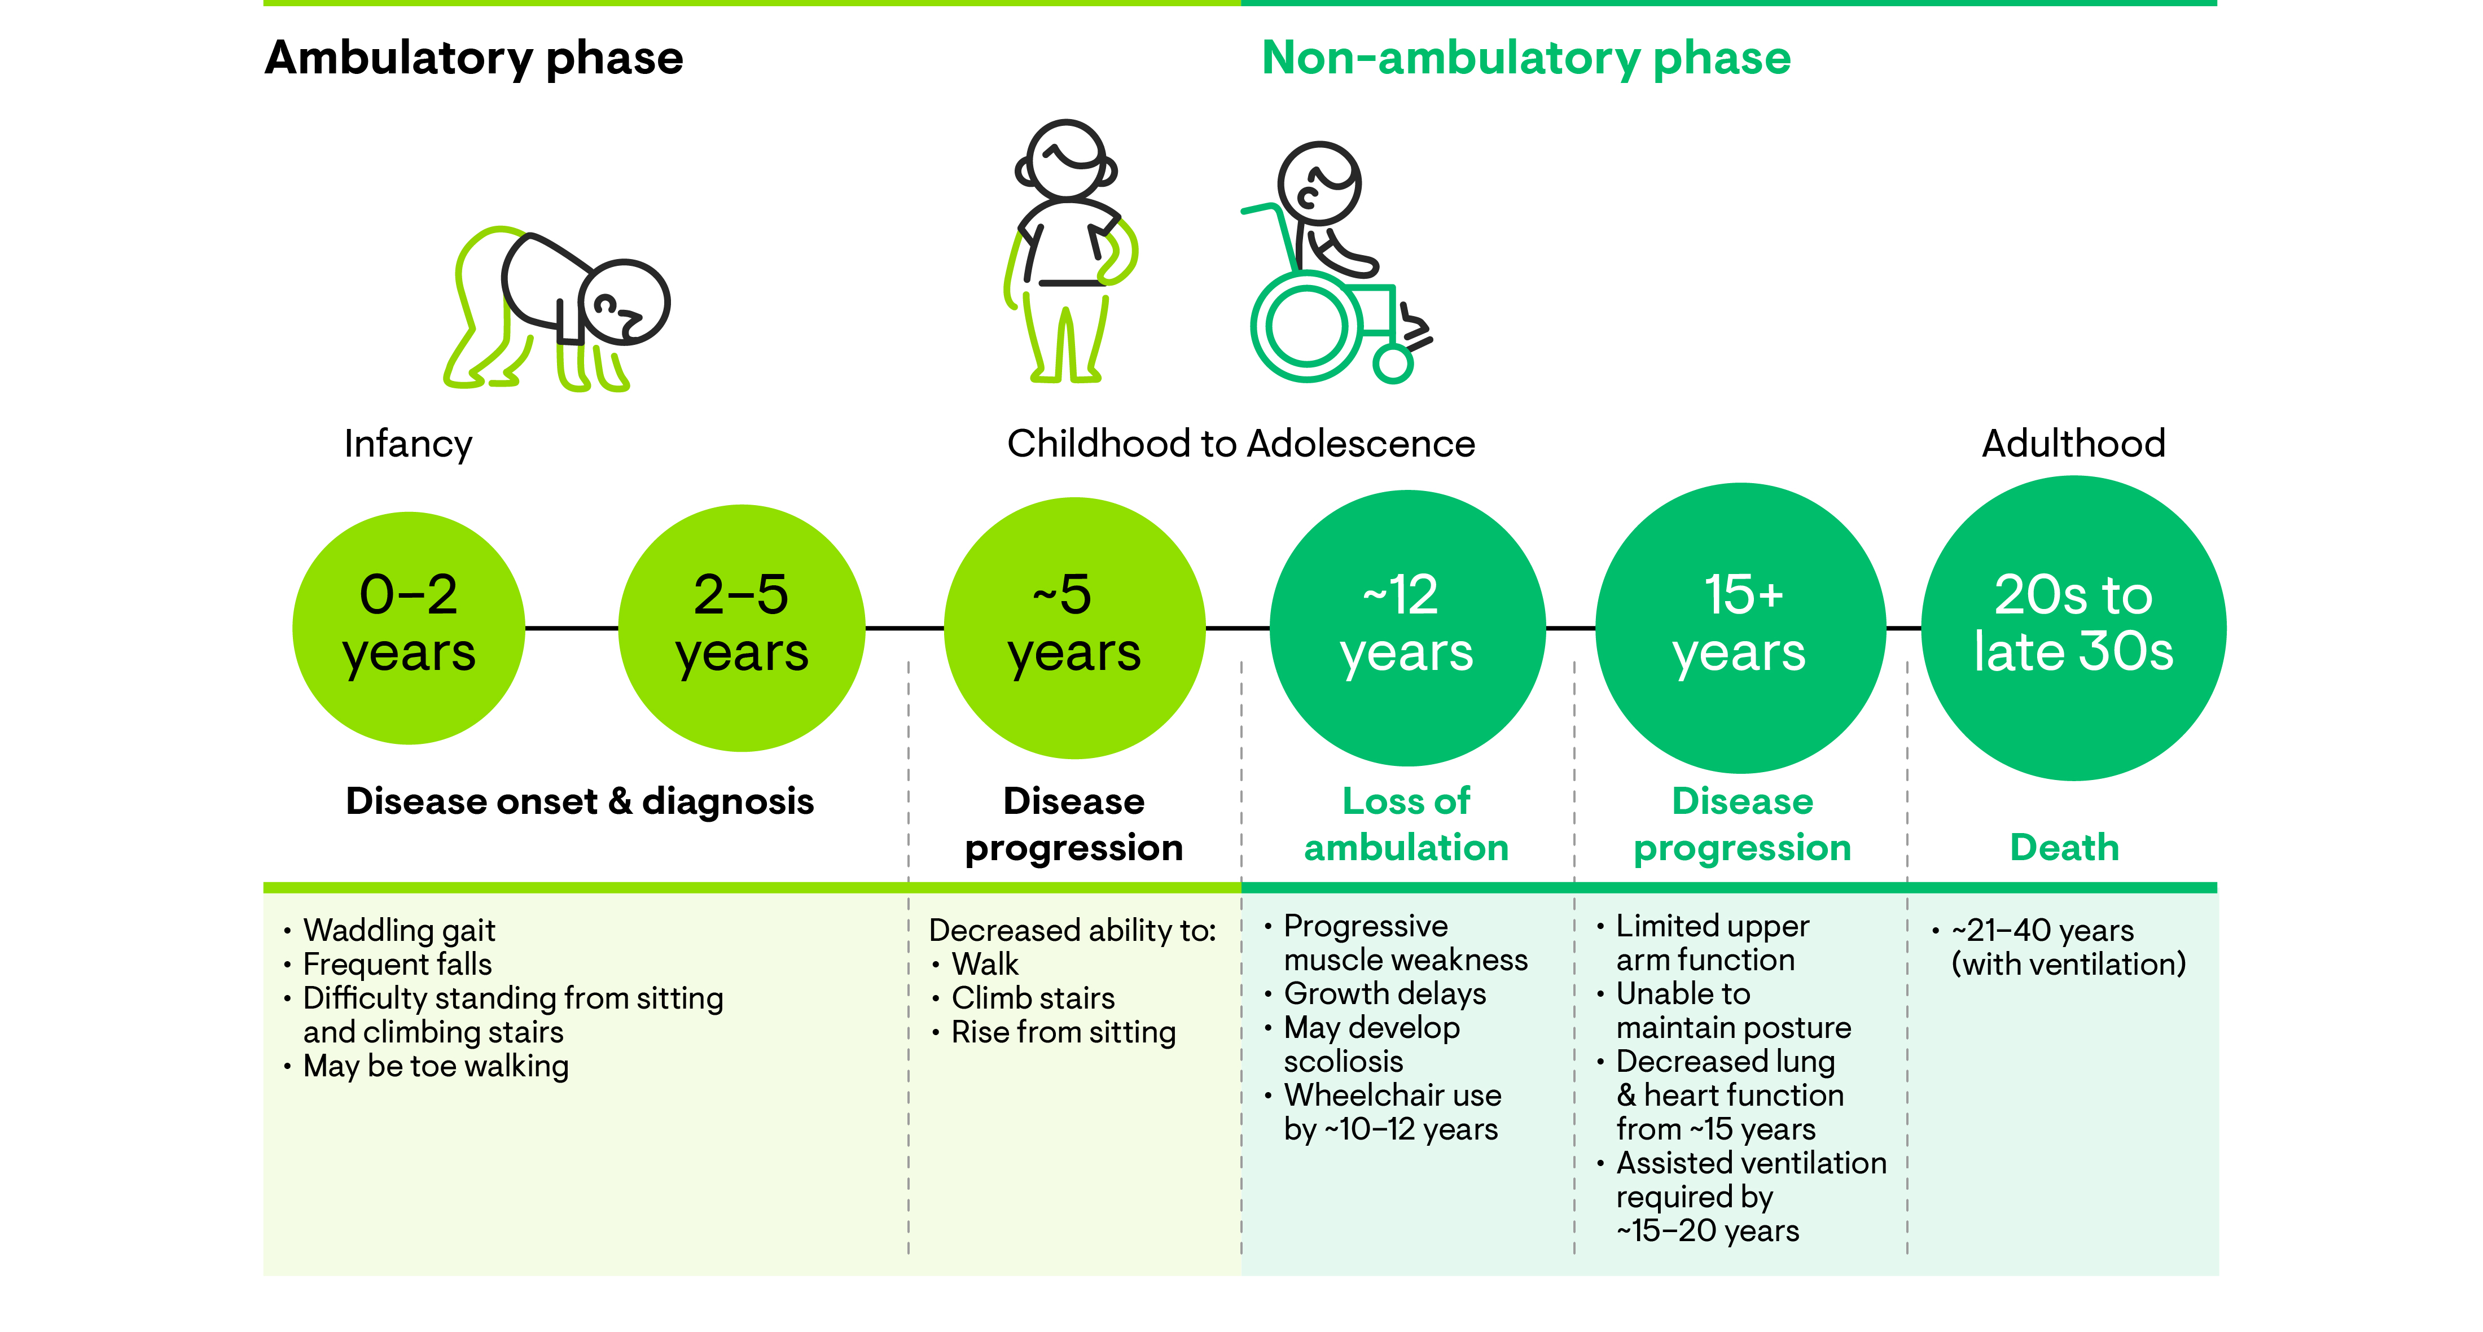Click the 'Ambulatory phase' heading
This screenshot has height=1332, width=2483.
pos(473,58)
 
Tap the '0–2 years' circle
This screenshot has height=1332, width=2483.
pos(409,628)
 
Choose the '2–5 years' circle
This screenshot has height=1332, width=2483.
pos(742,628)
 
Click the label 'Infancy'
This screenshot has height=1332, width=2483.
pos(408,444)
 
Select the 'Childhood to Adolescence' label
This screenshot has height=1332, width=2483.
pos(1240,444)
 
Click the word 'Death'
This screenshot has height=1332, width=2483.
pos(2064,847)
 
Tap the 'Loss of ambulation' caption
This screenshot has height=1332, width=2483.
pos(1406,824)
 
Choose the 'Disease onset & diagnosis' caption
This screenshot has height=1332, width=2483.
pos(580,801)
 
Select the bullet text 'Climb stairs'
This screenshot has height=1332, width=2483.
pos(1032,997)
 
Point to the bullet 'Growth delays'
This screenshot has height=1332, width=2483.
pos(1384,993)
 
